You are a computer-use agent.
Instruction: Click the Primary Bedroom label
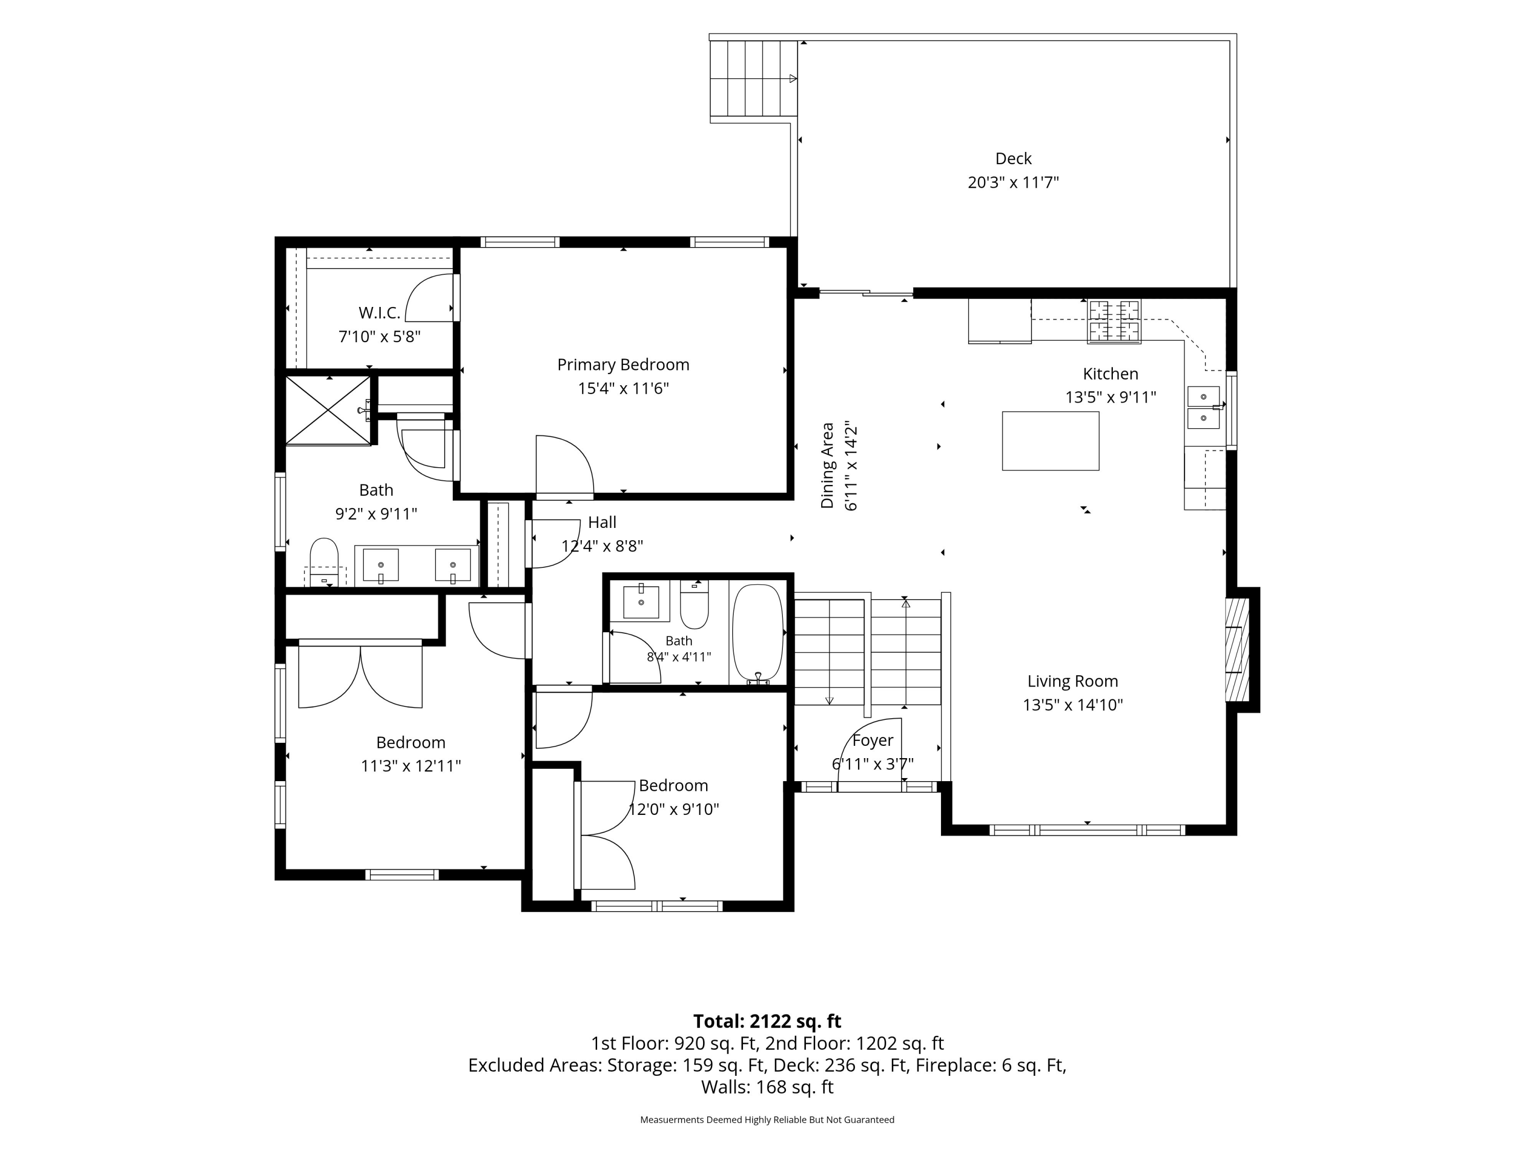[x=623, y=365]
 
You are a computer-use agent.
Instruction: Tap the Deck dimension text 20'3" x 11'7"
[x=1013, y=183]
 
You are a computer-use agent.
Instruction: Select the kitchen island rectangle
[x=1050, y=441]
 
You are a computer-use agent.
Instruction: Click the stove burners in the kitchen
[x=1114, y=321]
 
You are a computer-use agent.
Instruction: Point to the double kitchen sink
[x=1203, y=408]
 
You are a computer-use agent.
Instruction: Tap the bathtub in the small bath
[x=758, y=633]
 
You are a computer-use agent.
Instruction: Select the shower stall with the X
[x=328, y=410]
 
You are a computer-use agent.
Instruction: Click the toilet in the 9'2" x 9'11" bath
[x=324, y=560]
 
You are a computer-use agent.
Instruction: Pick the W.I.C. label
[x=379, y=313]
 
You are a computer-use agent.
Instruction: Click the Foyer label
[x=872, y=741]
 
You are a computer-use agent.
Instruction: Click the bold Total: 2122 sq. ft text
[x=767, y=1021]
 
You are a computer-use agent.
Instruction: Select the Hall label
[x=602, y=522]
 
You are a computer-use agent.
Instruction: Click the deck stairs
[x=753, y=78]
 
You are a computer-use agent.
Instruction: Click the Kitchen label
[x=1110, y=374]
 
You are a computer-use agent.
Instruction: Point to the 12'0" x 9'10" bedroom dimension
[x=673, y=809]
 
